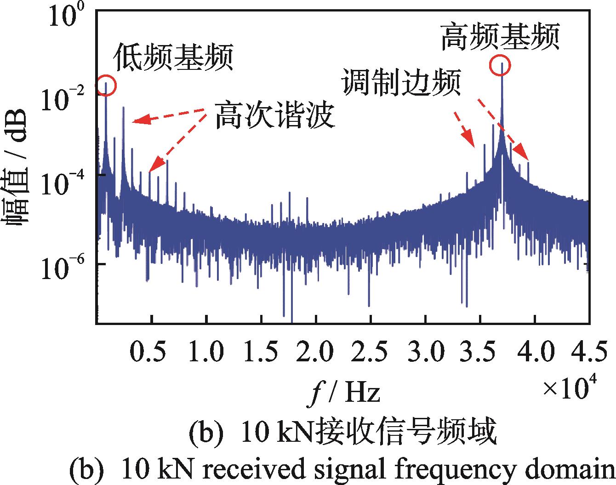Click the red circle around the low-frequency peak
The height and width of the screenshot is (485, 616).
click(106, 85)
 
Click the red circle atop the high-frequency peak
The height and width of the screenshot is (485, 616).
click(500, 65)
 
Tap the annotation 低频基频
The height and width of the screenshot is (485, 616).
click(172, 57)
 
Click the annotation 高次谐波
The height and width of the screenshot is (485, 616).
click(274, 115)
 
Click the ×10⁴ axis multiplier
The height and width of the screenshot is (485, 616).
click(570, 385)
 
